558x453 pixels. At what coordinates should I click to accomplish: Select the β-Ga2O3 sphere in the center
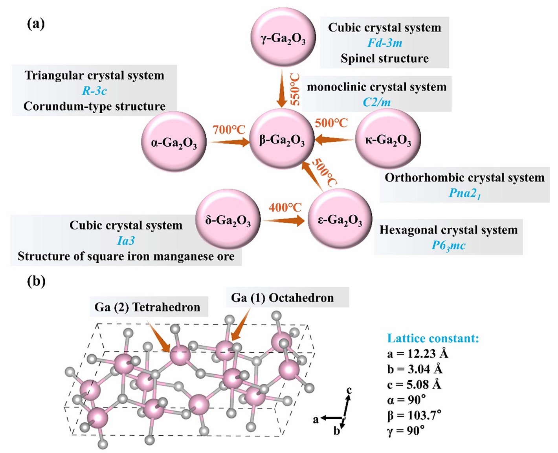point(282,139)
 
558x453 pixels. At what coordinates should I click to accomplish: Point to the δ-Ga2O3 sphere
point(228,219)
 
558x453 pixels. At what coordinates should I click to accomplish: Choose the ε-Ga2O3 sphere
point(340,219)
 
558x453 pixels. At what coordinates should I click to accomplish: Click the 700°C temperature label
point(229,129)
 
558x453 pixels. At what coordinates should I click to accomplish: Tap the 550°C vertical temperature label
point(295,90)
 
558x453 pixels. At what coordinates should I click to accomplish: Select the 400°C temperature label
point(285,207)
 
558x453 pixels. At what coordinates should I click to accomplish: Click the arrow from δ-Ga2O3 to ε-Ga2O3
point(284,221)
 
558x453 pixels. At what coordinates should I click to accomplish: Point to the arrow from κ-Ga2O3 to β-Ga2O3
point(334,139)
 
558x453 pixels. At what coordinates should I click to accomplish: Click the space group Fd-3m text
point(384,43)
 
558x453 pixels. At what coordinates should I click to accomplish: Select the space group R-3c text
point(94,91)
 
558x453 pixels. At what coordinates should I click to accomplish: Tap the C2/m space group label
point(376,102)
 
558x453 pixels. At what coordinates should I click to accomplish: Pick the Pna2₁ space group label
point(464,193)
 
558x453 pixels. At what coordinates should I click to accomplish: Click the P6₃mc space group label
point(448,245)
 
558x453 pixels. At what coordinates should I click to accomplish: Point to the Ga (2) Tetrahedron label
point(147,307)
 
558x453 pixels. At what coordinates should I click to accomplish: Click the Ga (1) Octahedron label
point(282,298)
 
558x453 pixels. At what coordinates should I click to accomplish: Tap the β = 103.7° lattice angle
point(414,415)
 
